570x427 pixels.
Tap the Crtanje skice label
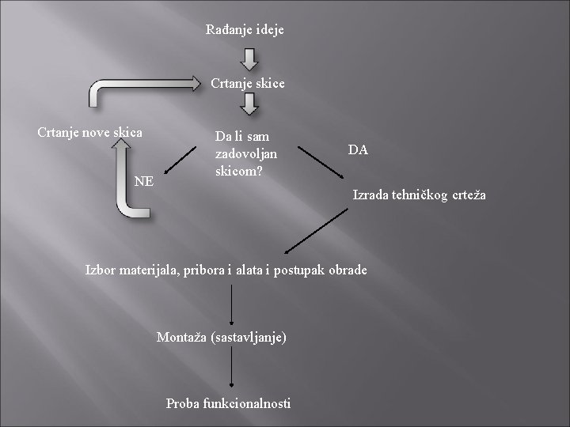(x=248, y=83)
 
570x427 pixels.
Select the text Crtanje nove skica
(x=90, y=132)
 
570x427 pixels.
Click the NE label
(x=144, y=181)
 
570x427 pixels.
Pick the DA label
(x=357, y=149)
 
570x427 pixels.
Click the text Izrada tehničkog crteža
(x=420, y=195)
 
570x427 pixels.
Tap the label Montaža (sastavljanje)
(x=221, y=336)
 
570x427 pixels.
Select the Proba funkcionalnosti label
(x=228, y=403)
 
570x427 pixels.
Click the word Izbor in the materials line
(x=101, y=270)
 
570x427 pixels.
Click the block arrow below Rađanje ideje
(x=248, y=59)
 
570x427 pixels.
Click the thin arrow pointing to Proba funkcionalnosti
(x=232, y=369)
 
